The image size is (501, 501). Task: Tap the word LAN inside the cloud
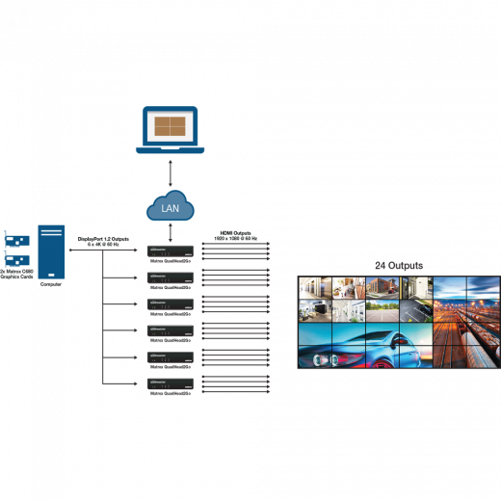pyautogui.click(x=170, y=207)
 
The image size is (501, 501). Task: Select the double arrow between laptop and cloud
pyautogui.click(x=170, y=172)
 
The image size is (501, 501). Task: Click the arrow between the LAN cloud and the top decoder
pyautogui.click(x=170, y=232)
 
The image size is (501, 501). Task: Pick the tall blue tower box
pyautogui.click(x=51, y=252)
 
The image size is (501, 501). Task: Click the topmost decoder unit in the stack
pyautogui.click(x=170, y=251)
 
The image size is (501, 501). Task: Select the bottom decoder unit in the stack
pyautogui.click(x=170, y=384)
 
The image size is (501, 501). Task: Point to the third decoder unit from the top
pyautogui.click(x=170, y=304)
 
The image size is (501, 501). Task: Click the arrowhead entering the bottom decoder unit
pyautogui.click(x=138, y=384)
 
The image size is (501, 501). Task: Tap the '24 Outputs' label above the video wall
pyautogui.click(x=398, y=264)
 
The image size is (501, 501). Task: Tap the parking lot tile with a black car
pyautogui.click(x=416, y=310)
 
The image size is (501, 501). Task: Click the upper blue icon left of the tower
pyautogui.click(x=14, y=239)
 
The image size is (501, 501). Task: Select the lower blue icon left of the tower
pyautogui.click(x=14, y=260)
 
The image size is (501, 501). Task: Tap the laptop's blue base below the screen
pyautogui.click(x=170, y=149)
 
